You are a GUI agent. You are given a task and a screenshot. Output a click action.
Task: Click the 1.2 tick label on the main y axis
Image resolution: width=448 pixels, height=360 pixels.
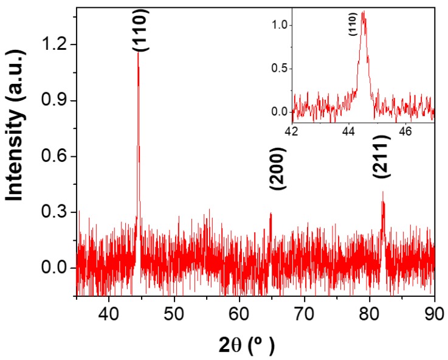click(x=53, y=44)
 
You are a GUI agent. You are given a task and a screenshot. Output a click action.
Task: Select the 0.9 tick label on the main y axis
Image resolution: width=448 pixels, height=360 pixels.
click(x=53, y=100)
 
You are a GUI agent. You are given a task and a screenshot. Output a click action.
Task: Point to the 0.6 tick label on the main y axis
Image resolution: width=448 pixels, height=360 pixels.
click(x=53, y=156)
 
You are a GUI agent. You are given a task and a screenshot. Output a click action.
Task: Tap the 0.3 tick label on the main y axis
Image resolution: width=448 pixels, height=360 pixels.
click(x=53, y=212)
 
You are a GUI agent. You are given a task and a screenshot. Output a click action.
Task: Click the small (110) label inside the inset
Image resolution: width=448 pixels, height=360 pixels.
click(x=353, y=25)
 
